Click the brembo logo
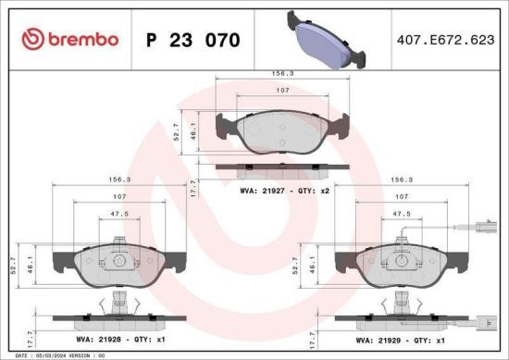[70, 40]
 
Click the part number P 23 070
[193, 41]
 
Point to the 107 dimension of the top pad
[283, 90]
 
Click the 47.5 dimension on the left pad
[119, 213]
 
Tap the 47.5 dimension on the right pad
[402, 213]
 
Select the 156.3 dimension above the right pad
[402, 180]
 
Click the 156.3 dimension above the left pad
[119, 180]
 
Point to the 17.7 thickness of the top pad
[192, 188]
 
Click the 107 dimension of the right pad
[402, 197]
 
